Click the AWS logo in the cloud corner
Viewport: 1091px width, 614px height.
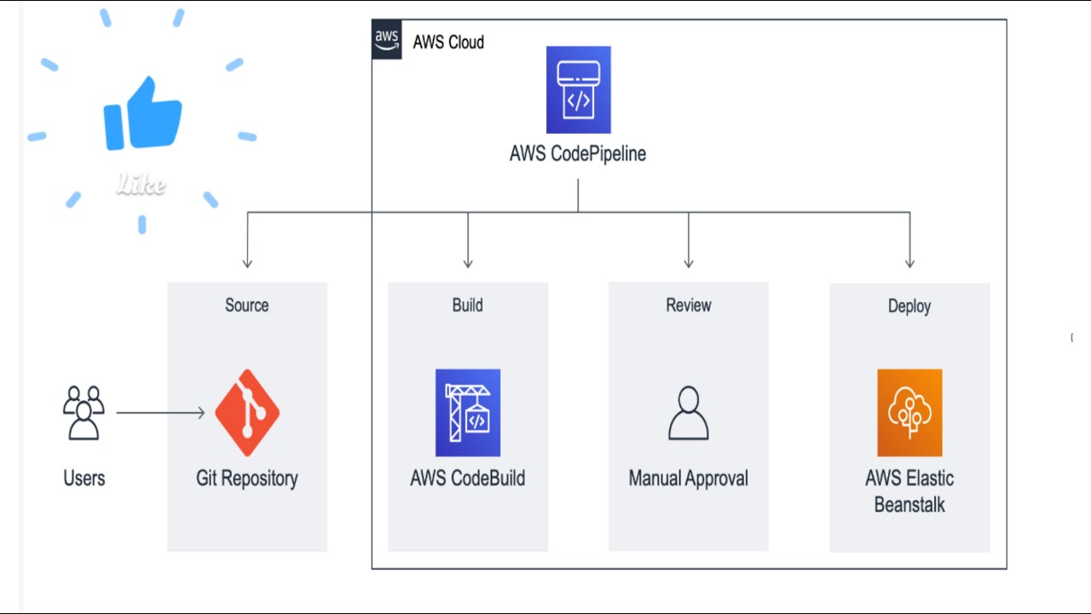tap(386, 40)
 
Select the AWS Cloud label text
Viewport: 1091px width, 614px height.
tap(448, 42)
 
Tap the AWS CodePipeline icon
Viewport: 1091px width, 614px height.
tap(578, 90)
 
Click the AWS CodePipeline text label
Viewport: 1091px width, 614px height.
tap(578, 153)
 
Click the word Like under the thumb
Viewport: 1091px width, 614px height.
tap(141, 185)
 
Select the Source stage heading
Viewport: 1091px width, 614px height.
tap(246, 305)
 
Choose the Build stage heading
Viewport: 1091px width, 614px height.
tap(467, 305)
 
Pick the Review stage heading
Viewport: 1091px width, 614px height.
tap(688, 305)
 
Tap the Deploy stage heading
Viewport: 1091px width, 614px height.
tap(909, 306)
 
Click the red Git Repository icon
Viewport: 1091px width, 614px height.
tap(247, 413)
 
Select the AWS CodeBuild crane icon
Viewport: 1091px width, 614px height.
tap(467, 413)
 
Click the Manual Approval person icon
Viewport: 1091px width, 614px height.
tap(688, 413)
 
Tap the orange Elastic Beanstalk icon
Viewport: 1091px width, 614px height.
tap(909, 413)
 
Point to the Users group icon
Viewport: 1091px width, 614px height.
tap(84, 413)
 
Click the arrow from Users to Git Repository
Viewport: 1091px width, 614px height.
tap(160, 413)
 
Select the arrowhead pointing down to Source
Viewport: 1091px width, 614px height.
tap(247, 263)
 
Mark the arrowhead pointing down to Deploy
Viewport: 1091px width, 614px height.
tap(909, 263)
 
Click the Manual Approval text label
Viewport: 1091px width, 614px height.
tap(688, 478)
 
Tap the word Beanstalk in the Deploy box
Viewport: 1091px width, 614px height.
tap(909, 505)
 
